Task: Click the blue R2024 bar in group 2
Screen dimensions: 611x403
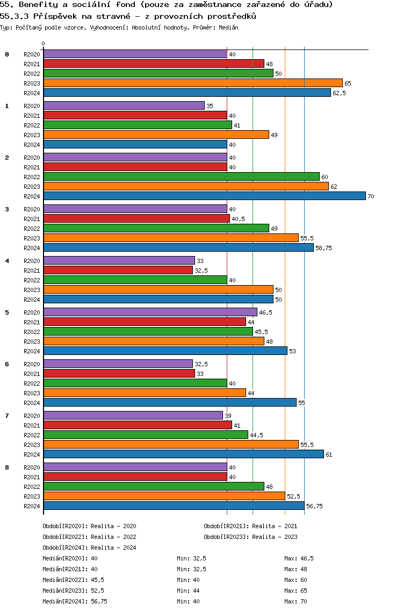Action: (x=204, y=196)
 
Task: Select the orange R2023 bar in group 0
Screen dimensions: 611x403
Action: (x=193, y=83)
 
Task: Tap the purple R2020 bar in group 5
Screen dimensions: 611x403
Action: (x=150, y=312)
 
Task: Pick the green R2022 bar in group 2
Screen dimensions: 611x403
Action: (x=181, y=176)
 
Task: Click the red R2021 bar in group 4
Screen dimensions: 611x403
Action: (x=118, y=270)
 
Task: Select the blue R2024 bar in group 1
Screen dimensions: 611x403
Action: (x=135, y=144)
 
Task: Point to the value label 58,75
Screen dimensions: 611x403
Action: (x=323, y=248)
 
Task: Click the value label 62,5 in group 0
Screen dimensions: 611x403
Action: (x=339, y=93)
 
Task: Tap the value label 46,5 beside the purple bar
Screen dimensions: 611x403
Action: (x=265, y=312)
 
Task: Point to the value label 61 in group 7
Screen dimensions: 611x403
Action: (x=329, y=454)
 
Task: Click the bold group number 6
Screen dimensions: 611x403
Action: (x=7, y=364)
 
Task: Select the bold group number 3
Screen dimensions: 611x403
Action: (x=7, y=209)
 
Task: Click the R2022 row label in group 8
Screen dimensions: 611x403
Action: (x=32, y=487)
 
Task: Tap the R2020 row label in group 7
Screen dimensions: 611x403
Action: (x=32, y=416)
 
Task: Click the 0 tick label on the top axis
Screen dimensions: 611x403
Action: (x=44, y=44)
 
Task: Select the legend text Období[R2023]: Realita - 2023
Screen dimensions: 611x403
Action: (x=250, y=537)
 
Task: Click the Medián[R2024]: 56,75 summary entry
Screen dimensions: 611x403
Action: (x=75, y=601)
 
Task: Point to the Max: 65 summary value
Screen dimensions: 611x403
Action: (x=296, y=591)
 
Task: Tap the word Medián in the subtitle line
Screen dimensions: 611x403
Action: (x=229, y=27)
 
